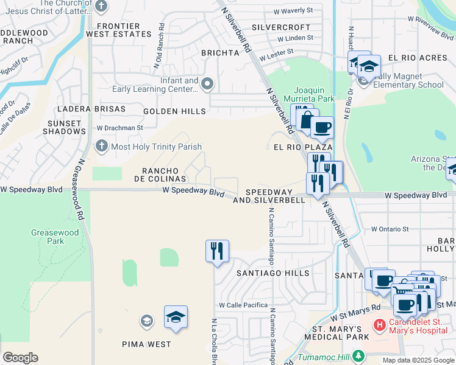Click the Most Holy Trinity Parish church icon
point(101,147)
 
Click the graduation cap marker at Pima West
point(176,317)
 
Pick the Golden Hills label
point(174,111)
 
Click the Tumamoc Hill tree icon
point(360,355)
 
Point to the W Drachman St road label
point(119,128)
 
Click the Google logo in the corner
point(20,358)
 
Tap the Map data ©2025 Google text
point(418,360)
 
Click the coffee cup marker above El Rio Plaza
point(322,128)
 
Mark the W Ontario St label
point(390,229)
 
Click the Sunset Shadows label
point(63,127)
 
